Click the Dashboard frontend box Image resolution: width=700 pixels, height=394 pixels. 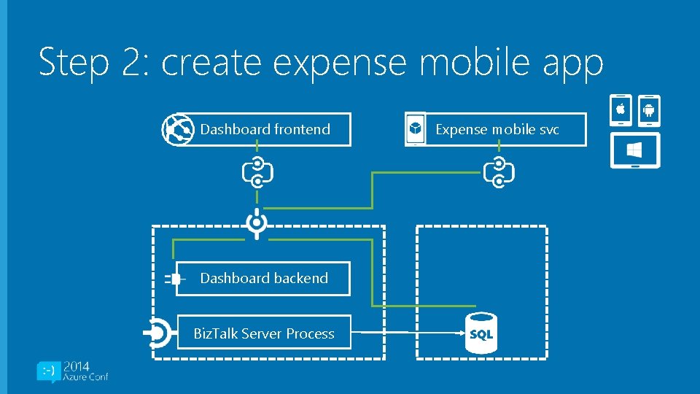[x=265, y=130]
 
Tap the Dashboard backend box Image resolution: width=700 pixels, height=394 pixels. [x=263, y=278]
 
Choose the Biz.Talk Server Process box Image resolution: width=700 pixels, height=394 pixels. [x=263, y=333]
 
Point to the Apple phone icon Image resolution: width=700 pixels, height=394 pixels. [x=621, y=111]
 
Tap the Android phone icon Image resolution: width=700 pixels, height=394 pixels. [x=648, y=111]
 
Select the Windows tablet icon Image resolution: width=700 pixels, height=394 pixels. [x=635, y=150]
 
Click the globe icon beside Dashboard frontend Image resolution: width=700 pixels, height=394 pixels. [x=176, y=130]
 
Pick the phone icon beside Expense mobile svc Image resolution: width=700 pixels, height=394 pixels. [x=415, y=130]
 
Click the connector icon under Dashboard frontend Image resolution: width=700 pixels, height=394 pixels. [x=257, y=172]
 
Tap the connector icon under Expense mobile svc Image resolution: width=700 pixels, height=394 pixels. [x=499, y=172]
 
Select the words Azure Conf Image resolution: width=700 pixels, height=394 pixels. [x=85, y=377]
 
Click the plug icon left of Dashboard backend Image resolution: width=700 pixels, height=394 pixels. [x=174, y=279]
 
